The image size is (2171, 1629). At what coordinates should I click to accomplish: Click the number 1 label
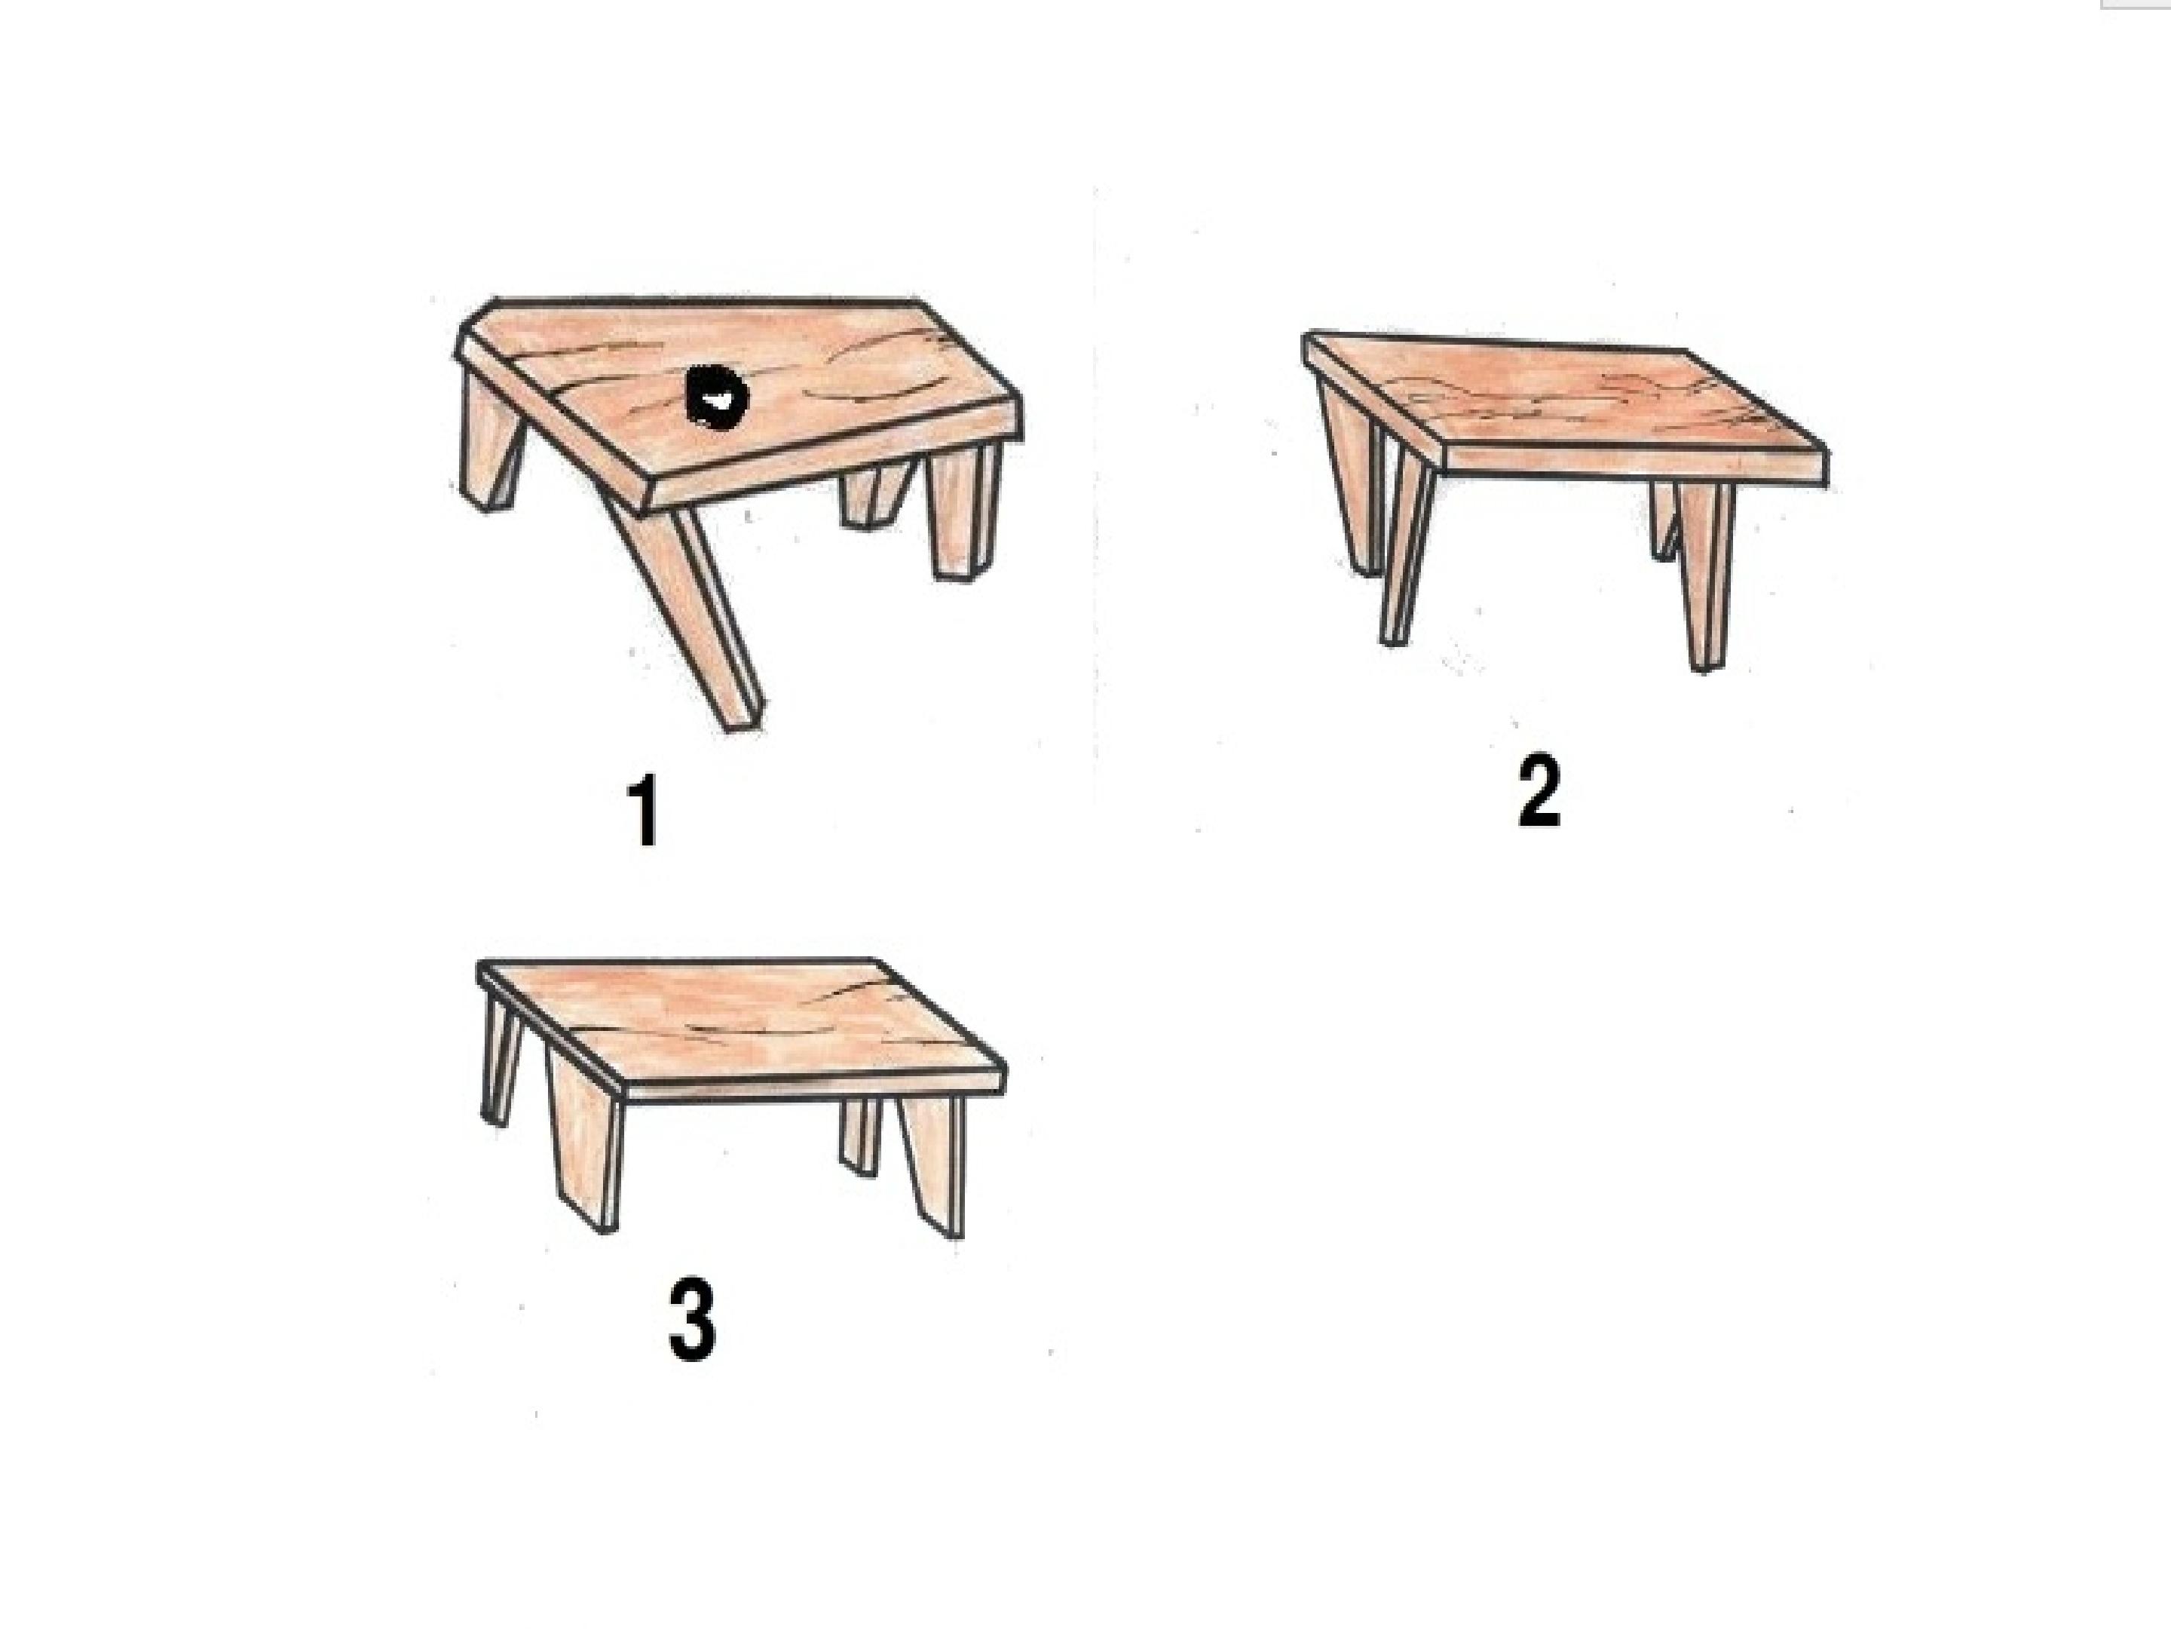tap(644, 811)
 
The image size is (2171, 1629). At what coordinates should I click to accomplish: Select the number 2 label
tap(1537, 793)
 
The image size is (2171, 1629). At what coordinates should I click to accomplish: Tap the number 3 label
tap(692, 1321)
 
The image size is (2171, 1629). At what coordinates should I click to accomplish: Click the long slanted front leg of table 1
tap(703, 618)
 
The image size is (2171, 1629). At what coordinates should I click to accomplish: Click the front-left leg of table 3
tap(586, 1158)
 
